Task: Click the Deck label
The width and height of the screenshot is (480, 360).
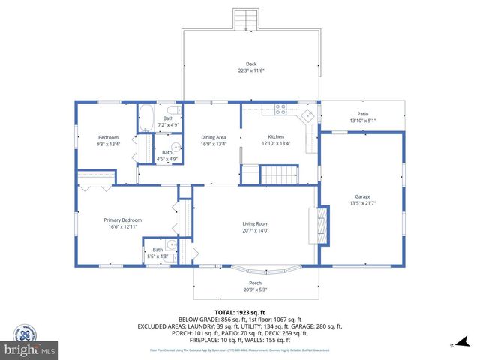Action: click(251, 64)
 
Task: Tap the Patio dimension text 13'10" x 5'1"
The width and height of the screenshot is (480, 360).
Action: click(362, 121)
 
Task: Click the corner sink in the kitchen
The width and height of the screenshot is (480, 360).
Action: click(307, 115)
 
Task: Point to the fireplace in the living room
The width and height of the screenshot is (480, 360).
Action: click(320, 224)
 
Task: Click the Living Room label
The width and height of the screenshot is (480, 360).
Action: click(255, 223)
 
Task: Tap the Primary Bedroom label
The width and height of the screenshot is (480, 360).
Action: click(122, 220)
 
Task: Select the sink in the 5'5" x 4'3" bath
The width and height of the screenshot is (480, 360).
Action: click(171, 244)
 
